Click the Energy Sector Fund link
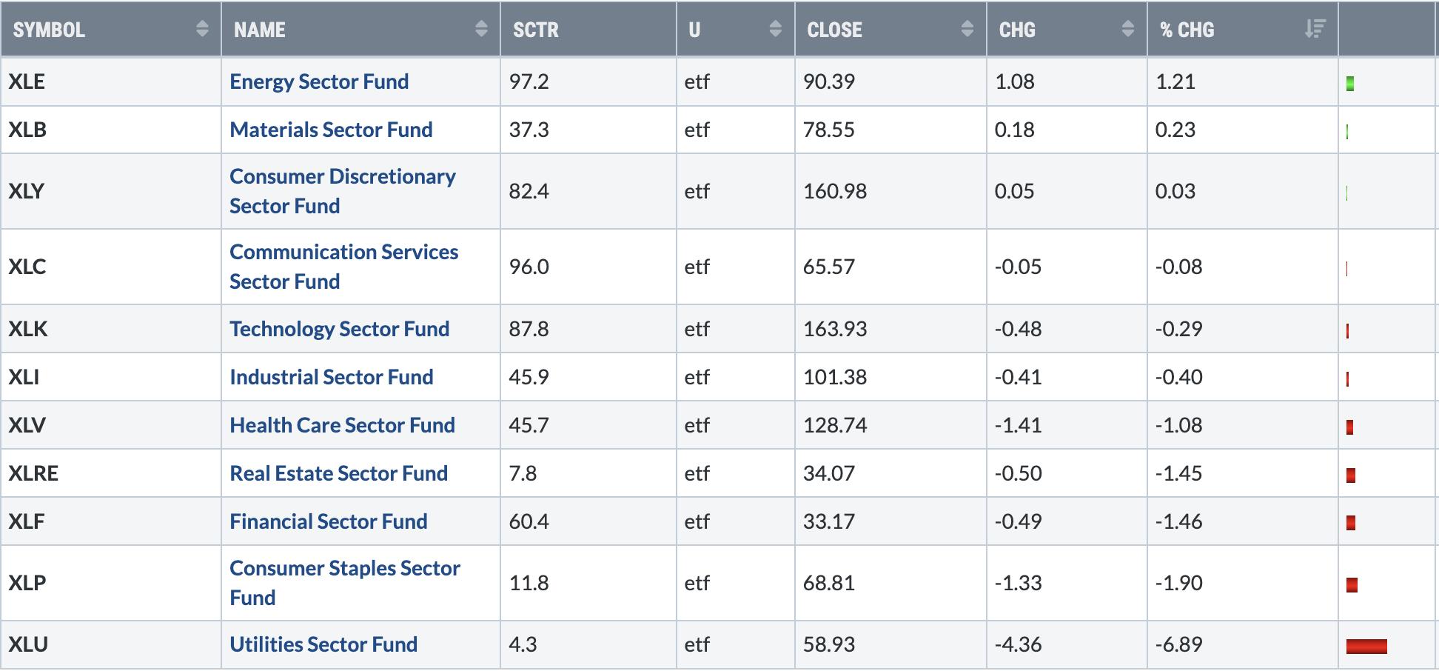click(x=319, y=81)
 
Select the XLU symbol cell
click(x=28, y=644)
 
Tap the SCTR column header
click(x=536, y=30)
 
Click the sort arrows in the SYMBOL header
click(x=202, y=29)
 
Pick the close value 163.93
click(x=835, y=329)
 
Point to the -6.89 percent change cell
click(x=1179, y=644)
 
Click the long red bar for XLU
click(x=1366, y=647)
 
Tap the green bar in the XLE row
click(x=1350, y=84)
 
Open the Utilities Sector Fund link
click(x=323, y=644)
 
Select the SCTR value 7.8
click(x=523, y=473)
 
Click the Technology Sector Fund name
click(x=340, y=329)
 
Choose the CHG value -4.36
click(x=1018, y=644)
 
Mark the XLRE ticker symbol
click(x=33, y=473)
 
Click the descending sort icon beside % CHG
click(x=1315, y=29)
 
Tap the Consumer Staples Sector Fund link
click(x=345, y=583)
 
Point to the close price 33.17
click(x=829, y=521)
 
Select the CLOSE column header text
click(x=834, y=30)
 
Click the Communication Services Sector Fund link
click(x=344, y=267)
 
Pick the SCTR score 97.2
click(x=529, y=81)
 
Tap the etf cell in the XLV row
click(x=697, y=425)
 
